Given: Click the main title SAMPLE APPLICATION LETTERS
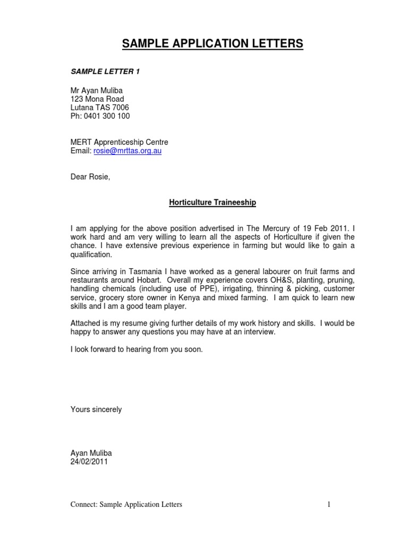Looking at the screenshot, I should click(212, 44).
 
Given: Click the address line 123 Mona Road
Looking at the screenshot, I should click(97, 99).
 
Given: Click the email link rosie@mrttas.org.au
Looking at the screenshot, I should click(127, 151).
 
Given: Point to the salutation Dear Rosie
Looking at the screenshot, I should click(90, 177).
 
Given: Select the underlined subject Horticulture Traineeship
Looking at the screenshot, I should click(212, 203).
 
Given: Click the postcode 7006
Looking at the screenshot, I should click(120, 108).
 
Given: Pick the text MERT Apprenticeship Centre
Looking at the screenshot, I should click(119, 142).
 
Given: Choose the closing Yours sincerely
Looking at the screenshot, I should click(96, 410).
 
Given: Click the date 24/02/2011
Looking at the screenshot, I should click(89, 462).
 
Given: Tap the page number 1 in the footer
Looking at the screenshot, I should click(329, 505).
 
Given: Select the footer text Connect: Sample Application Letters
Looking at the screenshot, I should click(126, 505).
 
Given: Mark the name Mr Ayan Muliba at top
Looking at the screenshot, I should click(97, 91).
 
